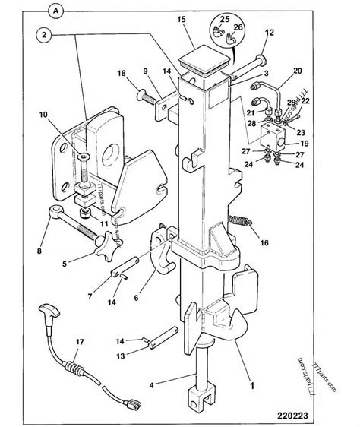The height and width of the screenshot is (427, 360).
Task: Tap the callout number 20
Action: [298, 71]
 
